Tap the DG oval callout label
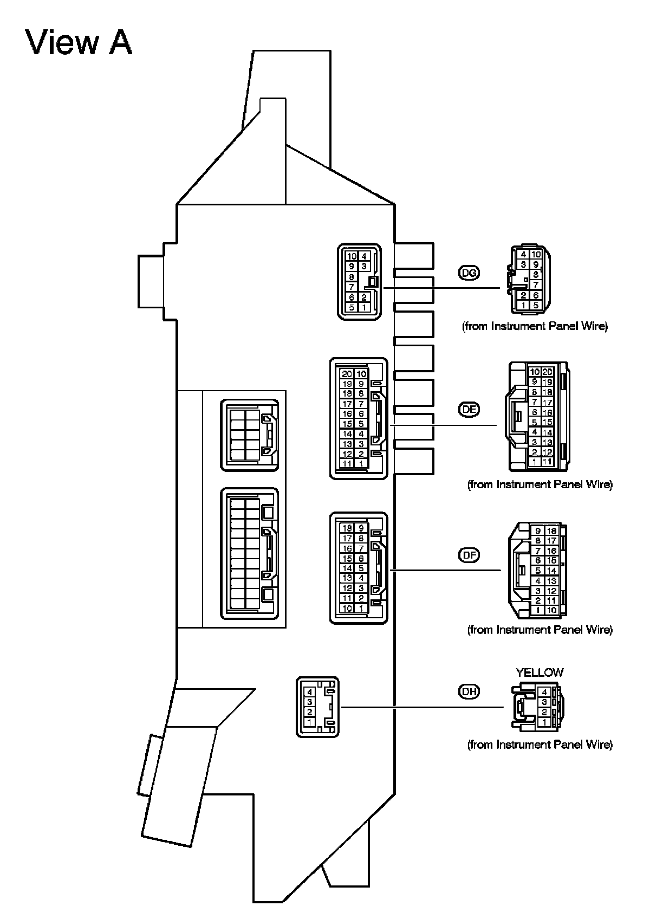pos(469,273)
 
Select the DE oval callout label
pos(469,410)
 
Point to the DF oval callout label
pos(469,555)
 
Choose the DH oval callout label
pos(469,691)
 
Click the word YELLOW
pos(539,672)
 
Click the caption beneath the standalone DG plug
pos(535,326)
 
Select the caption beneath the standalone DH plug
pos(539,745)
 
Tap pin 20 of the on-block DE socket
pos(347,374)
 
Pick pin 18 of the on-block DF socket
pos(347,528)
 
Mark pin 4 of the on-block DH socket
pos(309,692)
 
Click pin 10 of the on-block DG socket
pos(352,256)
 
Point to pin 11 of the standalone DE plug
pos(547,462)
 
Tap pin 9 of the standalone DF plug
pos(538,531)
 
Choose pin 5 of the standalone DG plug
pos(536,305)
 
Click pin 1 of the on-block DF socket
pos(361,609)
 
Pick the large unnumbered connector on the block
pos(250,553)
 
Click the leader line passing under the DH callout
pos(422,707)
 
